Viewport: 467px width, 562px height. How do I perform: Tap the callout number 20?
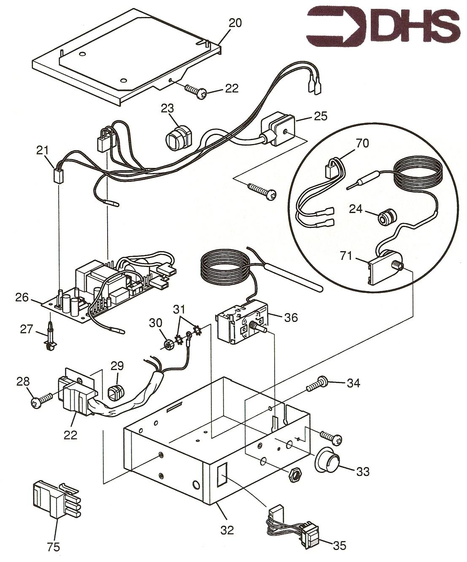tap(235, 23)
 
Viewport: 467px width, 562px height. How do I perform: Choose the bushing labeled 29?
tap(116, 393)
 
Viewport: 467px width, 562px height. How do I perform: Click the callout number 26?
tap(23, 298)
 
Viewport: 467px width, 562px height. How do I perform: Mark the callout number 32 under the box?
tap(227, 530)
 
